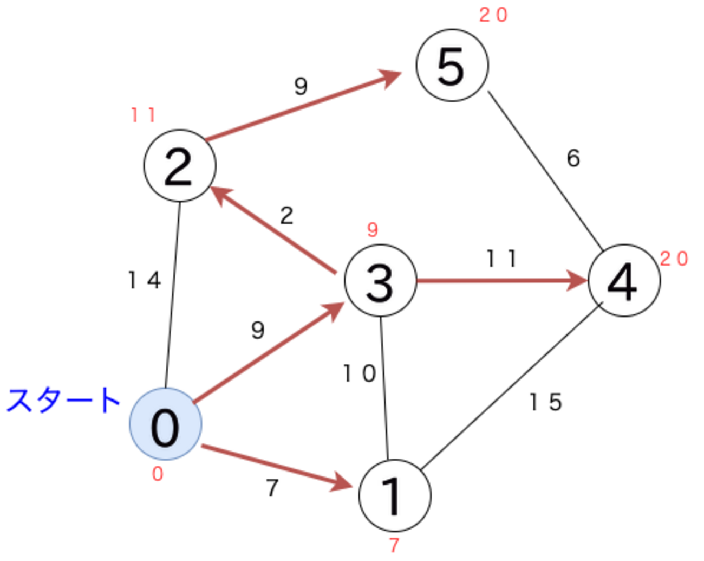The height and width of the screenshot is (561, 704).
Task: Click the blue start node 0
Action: click(x=165, y=424)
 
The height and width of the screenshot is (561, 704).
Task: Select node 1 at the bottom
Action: click(x=395, y=495)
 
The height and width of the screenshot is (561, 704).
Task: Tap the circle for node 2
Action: click(x=180, y=165)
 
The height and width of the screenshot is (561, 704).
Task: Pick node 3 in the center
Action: click(x=381, y=281)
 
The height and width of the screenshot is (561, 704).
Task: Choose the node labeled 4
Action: click(x=624, y=281)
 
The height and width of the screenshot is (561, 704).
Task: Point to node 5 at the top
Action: click(x=452, y=65)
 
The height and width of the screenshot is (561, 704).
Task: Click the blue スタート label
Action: click(x=63, y=401)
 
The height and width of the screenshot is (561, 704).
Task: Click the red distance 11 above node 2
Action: click(x=144, y=115)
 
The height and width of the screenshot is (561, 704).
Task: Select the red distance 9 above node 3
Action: click(x=373, y=230)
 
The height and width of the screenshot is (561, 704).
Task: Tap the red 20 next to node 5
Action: click(x=493, y=15)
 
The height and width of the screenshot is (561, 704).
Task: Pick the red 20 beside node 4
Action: click(x=674, y=259)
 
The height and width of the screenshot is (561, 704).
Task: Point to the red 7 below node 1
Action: click(x=394, y=545)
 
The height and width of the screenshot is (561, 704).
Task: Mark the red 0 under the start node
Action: click(x=158, y=474)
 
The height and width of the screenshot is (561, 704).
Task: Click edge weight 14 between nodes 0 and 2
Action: click(x=145, y=280)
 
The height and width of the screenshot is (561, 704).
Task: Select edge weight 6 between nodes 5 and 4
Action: click(x=573, y=158)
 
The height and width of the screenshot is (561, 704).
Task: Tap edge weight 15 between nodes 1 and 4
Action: click(x=546, y=402)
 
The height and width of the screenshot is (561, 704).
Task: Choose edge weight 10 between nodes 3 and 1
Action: click(x=360, y=373)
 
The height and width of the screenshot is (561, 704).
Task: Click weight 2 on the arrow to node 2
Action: click(x=286, y=216)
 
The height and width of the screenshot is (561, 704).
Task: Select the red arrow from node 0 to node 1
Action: click(x=276, y=467)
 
